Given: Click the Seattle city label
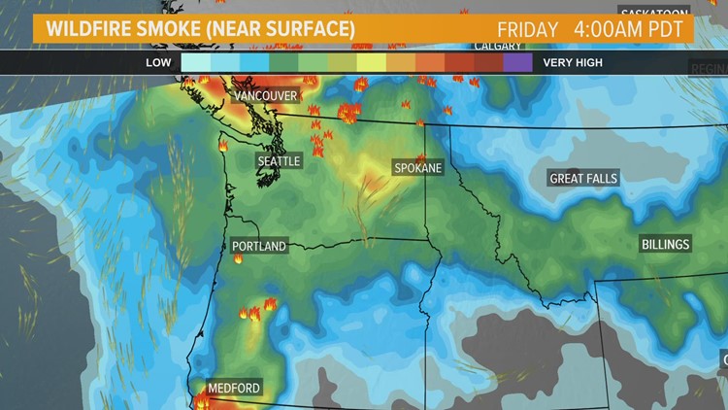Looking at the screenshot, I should tap(279, 160).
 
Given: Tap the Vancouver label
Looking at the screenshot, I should tap(265, 95).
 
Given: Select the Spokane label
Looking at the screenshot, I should tap(417, 168).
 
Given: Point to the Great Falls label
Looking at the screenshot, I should tap(583, 179).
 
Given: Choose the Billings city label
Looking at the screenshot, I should tap(665, 244).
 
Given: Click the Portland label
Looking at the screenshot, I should tap(259, 246).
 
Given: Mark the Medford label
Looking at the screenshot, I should tap(233, 388).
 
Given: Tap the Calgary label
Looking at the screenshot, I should tap(498, 46).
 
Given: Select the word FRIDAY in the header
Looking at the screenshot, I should tap(528, 29).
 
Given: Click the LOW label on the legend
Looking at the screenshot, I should tap(159, 63).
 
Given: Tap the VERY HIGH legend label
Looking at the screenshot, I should tap(573, 63).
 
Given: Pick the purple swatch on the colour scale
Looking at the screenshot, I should tap(518, 63).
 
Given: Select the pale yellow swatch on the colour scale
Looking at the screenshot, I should tap(372, 63).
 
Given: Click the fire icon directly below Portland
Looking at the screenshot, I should tap(238, 259).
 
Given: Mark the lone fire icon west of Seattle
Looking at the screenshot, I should tap(222, 147).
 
